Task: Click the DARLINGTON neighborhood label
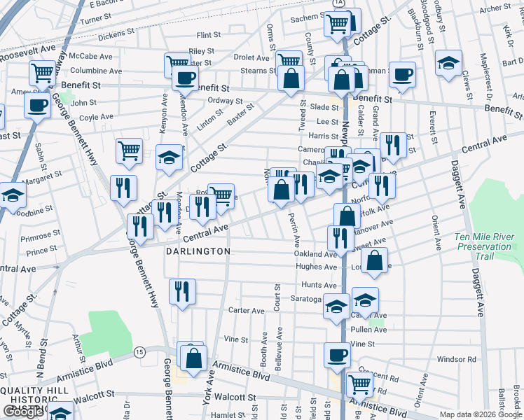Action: (198, 251)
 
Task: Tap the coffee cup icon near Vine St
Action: (338, 354)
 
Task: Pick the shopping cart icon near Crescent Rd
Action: (359, 383)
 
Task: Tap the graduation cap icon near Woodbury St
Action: (448, 64)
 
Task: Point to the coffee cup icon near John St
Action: (37, 106)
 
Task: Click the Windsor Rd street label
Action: (456, 359)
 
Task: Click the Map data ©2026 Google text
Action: (481, 414)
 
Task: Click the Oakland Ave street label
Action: (315, 255)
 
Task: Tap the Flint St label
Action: (209, 34)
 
